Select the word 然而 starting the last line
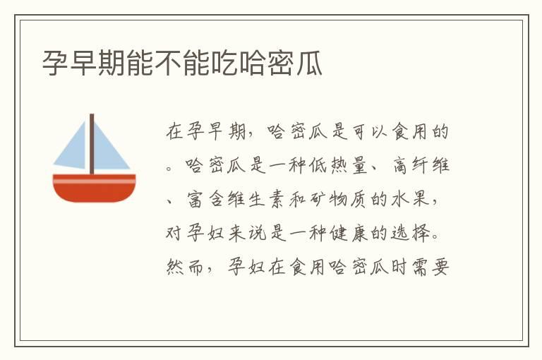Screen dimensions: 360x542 point(183,268)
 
